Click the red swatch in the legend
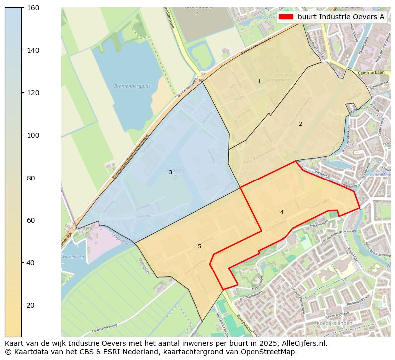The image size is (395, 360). pyautogui.click(x=286, y=17)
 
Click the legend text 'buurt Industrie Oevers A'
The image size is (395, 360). pyautogui.click(x=341, y=17)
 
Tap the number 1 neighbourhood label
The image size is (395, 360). pyautogui.click(x=259, y=81)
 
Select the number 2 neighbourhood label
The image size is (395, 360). pyautogui.click(x=300, y=124)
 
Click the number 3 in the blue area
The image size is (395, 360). pyautogui.click(x=170, y=172)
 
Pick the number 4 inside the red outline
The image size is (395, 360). pyautogui.click(x=282, y=212)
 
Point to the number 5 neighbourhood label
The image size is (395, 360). pyautogui.click(x=199, y=246)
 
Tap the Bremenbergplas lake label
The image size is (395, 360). pyautogui.click(x=129, y=86)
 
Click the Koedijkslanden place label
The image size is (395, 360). pyautogui.click(x=334, y=323)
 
